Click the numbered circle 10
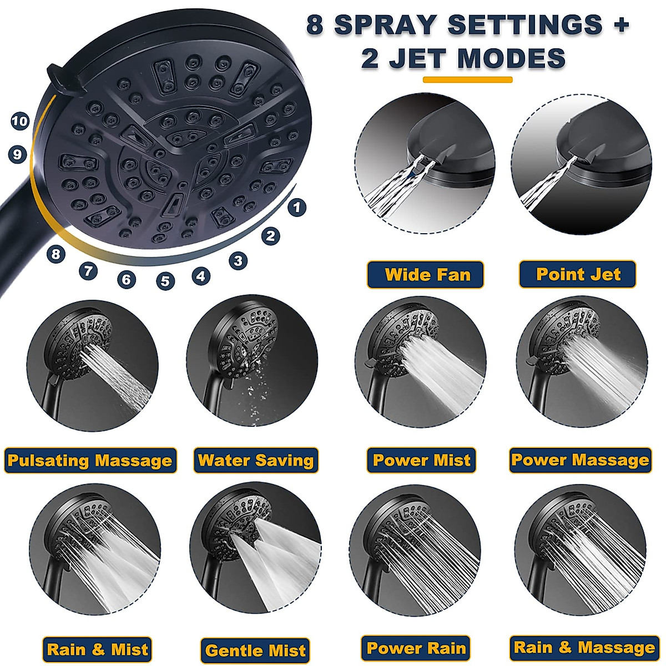20,121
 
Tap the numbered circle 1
297,208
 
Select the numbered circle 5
165,281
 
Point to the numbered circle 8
56,255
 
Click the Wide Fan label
426,275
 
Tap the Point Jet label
577,274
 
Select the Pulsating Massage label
90,461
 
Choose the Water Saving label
256,461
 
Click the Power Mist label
422,460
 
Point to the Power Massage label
581,460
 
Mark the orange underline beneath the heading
467,80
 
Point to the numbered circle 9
18,154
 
